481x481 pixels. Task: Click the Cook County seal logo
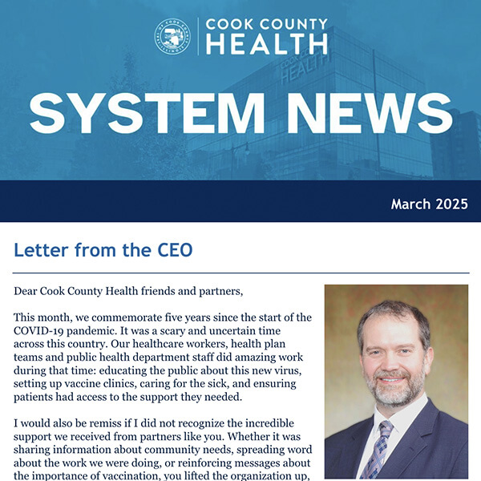coord(172,37)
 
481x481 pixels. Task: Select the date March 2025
coord(429,204)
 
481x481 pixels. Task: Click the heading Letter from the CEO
coord(103,250)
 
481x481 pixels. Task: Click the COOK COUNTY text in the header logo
coord(266,24)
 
